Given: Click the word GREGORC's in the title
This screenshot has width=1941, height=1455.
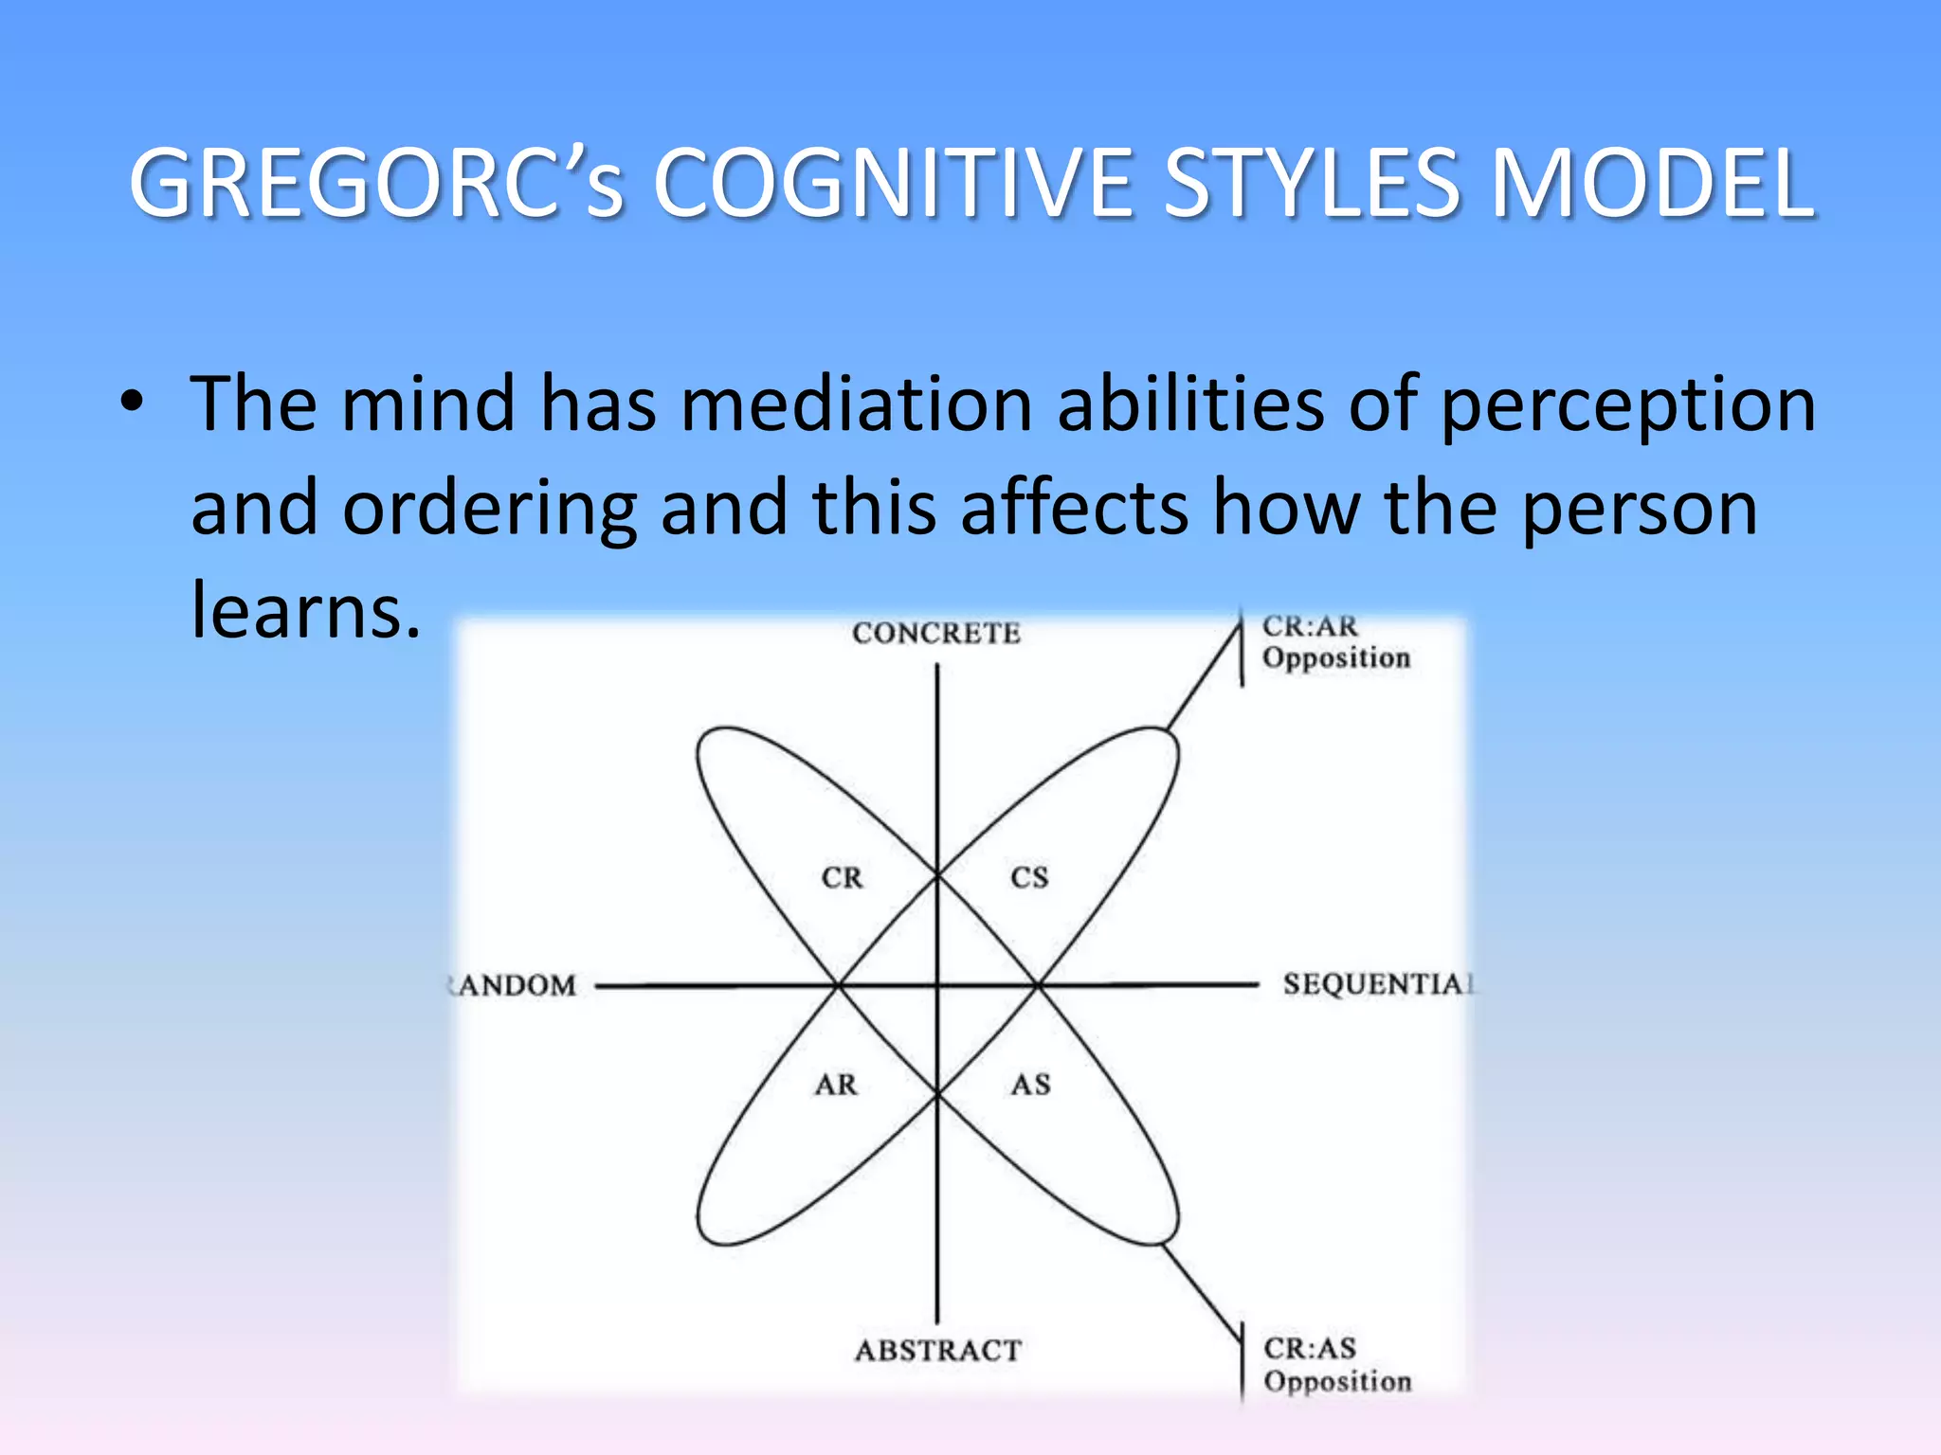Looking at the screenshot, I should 376,184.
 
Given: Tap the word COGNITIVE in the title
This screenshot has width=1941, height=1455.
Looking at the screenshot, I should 894,184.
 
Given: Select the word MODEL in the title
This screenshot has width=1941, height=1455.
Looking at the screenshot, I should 1651,184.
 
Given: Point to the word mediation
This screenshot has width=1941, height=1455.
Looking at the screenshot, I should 856,404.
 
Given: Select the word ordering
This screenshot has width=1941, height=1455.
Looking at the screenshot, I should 489,510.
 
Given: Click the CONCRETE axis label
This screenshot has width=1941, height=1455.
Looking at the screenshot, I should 936,633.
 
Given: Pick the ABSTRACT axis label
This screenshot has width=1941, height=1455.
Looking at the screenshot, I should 938,1350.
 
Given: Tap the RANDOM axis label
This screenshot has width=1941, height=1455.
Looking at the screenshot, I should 514,985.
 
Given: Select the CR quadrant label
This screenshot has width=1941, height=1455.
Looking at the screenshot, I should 842,878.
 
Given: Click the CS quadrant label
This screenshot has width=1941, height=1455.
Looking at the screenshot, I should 1029,878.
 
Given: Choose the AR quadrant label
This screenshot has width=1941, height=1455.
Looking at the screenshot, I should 836,1085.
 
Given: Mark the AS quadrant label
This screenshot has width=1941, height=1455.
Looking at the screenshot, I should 1030,1085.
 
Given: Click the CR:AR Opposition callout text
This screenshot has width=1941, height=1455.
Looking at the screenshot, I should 1334,641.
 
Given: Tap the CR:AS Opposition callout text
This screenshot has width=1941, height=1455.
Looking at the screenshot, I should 1336,1364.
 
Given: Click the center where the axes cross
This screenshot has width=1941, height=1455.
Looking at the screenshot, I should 937,986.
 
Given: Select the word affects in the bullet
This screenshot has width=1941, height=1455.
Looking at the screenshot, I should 1074,508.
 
